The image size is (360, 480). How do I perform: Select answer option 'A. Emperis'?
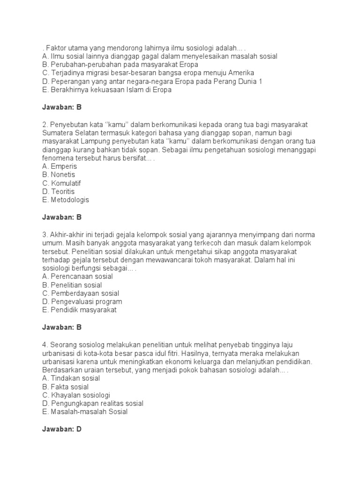tap(60, 166)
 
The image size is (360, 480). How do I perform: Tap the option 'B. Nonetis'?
tap(58, 174)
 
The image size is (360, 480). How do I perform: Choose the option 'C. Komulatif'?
tap(61, 183)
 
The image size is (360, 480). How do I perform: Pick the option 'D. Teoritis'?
tap(58, 191)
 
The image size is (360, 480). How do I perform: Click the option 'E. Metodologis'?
tap(65, 200)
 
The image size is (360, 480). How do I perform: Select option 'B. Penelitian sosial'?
tap(72, 285)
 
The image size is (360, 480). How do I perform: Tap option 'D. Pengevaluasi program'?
tap(82, 301)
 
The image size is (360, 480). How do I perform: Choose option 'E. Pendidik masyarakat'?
tap(79, 310)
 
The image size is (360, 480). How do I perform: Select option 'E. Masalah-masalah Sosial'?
tap(84, 412)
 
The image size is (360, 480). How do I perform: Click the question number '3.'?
tap(45, 234)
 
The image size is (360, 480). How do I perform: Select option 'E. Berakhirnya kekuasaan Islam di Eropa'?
tap(106, 90)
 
